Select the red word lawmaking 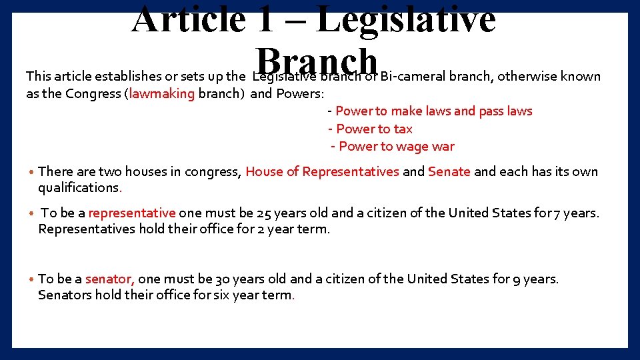[162, 93]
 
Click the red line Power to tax [374, 129]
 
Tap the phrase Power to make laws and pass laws [433, 111]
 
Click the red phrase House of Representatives [322, 171]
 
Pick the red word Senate [449, 171]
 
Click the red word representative [131, 213]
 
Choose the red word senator [110, 279]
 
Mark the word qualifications [79, 188]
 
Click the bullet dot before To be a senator [31, 279]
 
